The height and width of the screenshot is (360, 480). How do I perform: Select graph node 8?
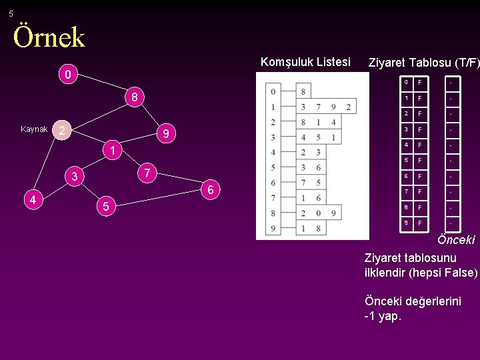coord(134,98)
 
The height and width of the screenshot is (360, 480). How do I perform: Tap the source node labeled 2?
coord(61,130)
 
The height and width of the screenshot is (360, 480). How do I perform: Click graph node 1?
coord(113,151)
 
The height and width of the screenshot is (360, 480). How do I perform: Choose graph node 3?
coord(75,177)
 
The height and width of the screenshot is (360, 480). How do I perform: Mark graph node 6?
coord(210,191)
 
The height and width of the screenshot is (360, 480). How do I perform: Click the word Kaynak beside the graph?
coord(33,129)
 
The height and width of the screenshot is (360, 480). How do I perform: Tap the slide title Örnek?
coord(49,37)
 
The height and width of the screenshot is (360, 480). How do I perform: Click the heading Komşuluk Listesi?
coord(305,62)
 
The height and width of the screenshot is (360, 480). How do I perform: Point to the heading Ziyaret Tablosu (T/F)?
coord(423,63)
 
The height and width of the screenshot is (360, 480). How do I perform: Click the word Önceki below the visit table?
coord(456,240)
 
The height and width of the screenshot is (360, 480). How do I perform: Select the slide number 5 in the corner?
coord(11,14)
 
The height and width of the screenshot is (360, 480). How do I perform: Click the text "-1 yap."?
coord(383,316)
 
